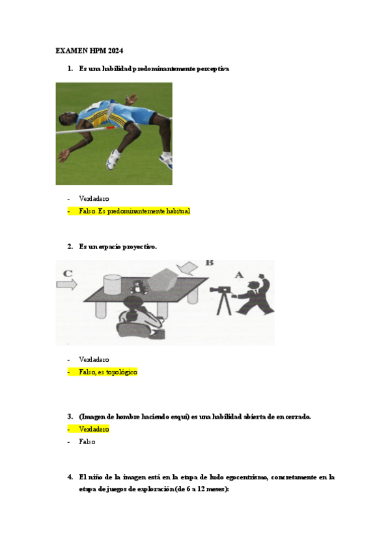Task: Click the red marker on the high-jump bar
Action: (x=111, y=128)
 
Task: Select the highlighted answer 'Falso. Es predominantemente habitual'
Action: (x=133, y=211)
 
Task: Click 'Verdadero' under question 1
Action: (x=94, y=198)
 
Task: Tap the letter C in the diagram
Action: (x=68, y=274)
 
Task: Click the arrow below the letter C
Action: (x=67, y=284)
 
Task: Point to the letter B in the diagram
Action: (x=210, y=263)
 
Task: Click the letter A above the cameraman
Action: (x=238, y=275)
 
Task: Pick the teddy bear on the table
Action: (x=137, y=286)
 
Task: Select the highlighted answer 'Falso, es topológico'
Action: (x=108, y=372)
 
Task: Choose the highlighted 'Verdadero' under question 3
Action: (x=94, y=429)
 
